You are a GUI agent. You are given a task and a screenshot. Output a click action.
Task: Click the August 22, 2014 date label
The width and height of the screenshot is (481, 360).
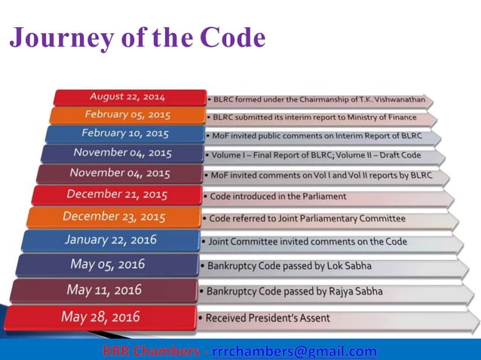point(127,97)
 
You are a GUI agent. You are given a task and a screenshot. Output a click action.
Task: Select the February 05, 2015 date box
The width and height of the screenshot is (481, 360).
point(127,115)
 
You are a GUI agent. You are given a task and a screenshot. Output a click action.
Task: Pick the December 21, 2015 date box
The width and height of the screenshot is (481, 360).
point(115,194)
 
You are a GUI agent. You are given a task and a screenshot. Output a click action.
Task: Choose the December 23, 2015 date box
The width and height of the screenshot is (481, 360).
point(114,216)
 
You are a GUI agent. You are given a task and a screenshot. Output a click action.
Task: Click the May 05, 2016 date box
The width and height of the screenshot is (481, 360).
point(107,264)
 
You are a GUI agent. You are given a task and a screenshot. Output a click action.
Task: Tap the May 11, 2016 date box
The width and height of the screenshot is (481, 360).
point(105,289)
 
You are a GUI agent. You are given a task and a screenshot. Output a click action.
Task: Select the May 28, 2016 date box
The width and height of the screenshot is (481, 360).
point(101,317)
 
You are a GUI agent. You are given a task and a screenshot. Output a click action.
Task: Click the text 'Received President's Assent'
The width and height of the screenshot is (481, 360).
point(268,318)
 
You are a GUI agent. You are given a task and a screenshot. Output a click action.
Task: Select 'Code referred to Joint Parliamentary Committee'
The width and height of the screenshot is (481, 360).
point(308,218)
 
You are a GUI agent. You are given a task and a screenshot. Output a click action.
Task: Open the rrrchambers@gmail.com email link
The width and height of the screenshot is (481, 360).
point(294,351)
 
